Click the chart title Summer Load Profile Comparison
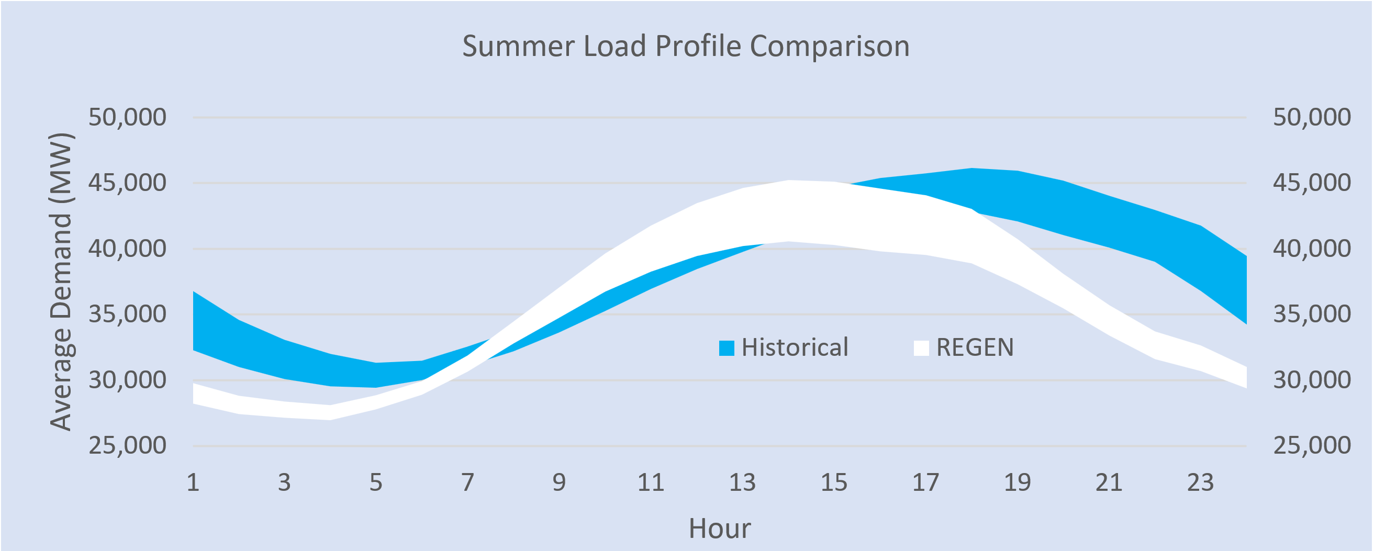pos(685,46)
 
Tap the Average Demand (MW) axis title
pos(61,281)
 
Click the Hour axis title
pos(720,528)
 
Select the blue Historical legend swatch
pos(727,348)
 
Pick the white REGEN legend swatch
pos(921,348)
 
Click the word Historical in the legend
pos(795,347)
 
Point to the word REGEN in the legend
pos(975,347)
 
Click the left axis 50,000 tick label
pos(128,117)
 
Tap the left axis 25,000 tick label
pos(128,445)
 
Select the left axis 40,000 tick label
pos(128,249)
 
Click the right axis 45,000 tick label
pos(1312,183)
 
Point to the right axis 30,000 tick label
pos(1312,380)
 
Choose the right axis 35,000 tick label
pos(1312,314)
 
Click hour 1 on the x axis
pos(193,483)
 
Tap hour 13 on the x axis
pos(742,483)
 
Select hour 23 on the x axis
pos(1200,483)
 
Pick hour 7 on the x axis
pos(468,483)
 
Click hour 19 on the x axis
pos(1017,483)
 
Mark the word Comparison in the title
pos(830,47)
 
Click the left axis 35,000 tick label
pos(128,314)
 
